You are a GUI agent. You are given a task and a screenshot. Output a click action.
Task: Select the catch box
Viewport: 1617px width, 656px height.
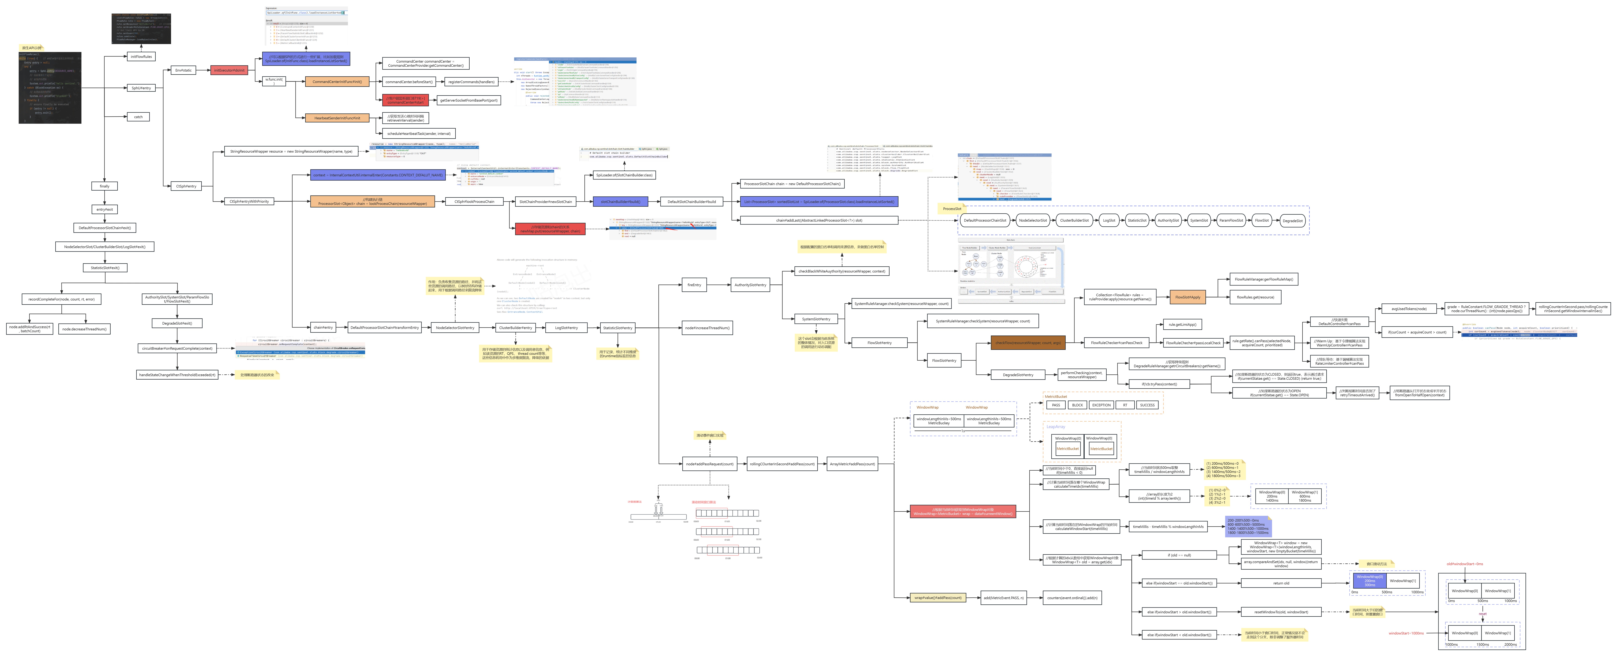[138, 117]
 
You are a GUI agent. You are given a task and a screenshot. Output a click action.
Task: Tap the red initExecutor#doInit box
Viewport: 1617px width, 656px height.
[229, 70]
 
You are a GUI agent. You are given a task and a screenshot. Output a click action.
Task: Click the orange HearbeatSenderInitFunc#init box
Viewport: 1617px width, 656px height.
[337, 118]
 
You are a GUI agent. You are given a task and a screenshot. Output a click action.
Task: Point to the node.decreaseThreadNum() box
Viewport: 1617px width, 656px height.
[84, 329]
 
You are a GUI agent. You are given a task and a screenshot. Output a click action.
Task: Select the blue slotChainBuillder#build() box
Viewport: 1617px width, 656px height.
[620, 201]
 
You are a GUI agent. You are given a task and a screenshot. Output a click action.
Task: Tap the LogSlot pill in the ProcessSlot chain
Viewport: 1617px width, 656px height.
[1109, 220]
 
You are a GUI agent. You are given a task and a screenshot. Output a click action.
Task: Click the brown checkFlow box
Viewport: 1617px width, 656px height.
[1028, 343]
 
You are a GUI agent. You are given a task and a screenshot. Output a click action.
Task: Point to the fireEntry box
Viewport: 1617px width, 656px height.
[694, 285]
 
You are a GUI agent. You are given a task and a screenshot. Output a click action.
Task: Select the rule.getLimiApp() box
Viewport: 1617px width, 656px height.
[1182, 325]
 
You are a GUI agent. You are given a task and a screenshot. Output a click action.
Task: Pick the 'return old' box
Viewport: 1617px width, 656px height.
[1281, 583]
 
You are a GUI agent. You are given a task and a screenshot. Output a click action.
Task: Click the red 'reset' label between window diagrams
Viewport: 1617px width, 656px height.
[1482, 614]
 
